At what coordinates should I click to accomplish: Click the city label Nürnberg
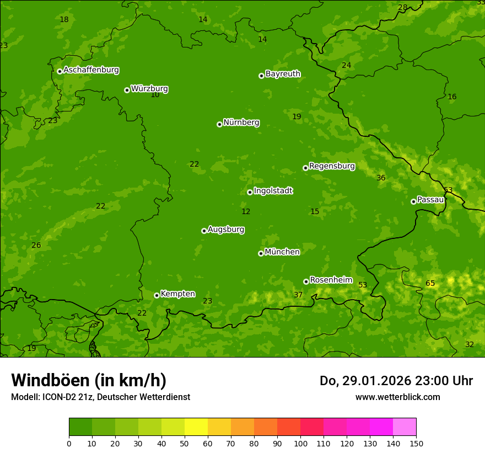coord(241,123)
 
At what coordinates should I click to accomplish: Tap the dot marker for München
coord(261,253)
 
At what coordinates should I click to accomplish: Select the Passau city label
coord(430,200)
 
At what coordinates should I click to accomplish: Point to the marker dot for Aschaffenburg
coord(60,71)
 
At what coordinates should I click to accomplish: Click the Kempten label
coord(177,294)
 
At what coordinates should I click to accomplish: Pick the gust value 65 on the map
coord(430,284)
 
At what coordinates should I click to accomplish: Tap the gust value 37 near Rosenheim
coord(298,295)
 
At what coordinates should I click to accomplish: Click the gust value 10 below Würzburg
coord(155,95)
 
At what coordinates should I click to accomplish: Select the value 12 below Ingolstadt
coord(246,212)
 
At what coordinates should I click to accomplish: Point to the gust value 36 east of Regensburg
coord(381,178)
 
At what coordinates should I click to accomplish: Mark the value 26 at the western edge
coord(36,245)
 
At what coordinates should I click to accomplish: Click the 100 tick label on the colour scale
coord(300,443)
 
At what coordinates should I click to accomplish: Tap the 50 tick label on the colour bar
coord(185,443)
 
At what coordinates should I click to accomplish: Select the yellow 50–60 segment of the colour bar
coord(196,427)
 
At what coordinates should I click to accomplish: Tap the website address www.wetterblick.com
coord(397,397)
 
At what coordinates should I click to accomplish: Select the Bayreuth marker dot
coord(262,76)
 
